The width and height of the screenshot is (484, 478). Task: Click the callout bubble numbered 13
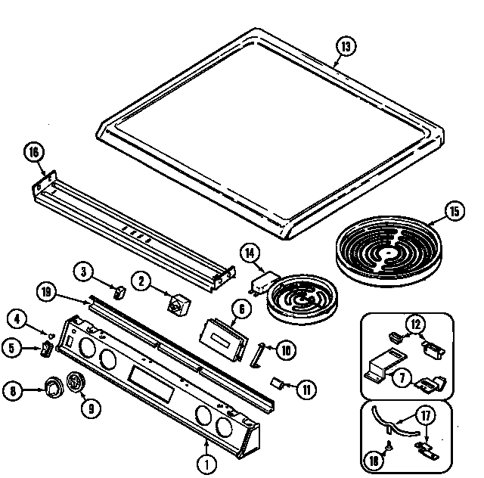[345, 47]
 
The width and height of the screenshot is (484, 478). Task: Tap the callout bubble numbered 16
[33, 152]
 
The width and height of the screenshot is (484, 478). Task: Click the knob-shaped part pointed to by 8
[53, 389]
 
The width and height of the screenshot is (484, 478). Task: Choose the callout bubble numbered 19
[46, 291]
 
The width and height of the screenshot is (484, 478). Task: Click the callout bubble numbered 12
[416, 325]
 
